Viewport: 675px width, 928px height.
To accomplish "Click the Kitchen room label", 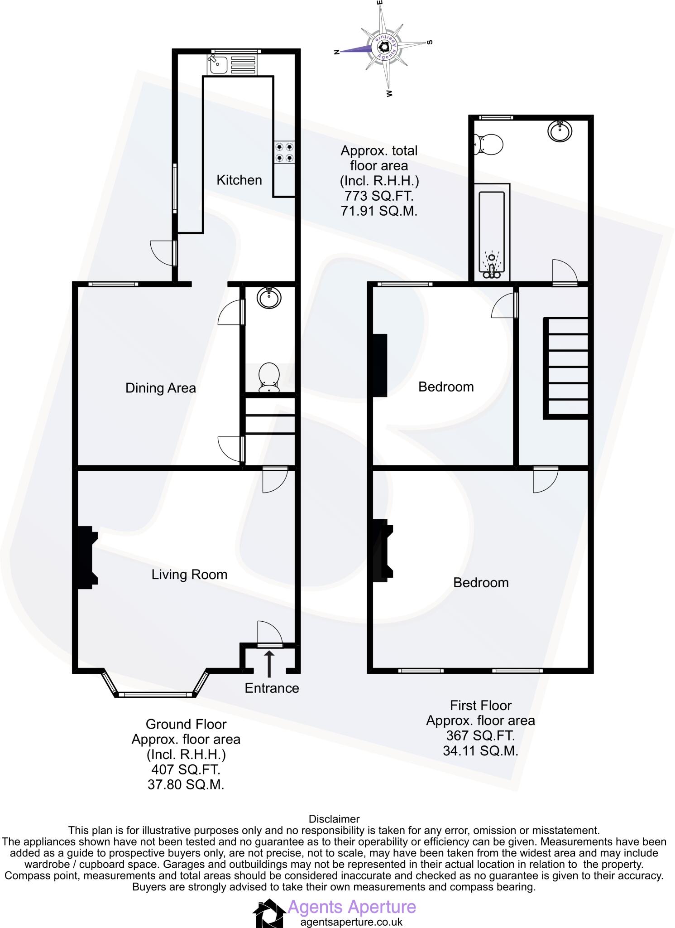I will (239, 180).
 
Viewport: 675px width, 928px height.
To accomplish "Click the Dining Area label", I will (160, 388).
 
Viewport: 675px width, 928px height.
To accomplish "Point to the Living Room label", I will (189, 575).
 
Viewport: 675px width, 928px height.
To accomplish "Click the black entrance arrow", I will (269, 664).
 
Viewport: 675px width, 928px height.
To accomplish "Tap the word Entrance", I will (272, 688).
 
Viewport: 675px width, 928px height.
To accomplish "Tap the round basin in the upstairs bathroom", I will (560, 131).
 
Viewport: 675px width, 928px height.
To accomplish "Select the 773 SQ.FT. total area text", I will (378, 196).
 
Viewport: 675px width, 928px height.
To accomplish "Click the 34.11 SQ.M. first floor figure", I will (480, 751).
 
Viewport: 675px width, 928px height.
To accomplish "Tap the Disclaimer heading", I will (334, 819).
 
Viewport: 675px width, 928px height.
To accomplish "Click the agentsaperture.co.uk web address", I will (351, 922).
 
